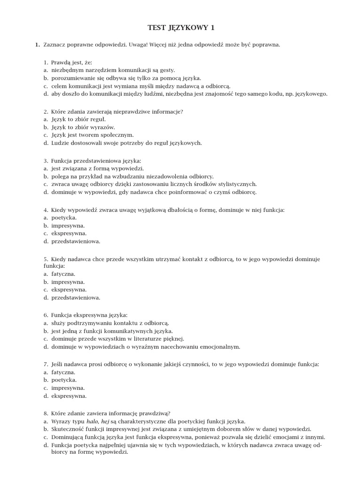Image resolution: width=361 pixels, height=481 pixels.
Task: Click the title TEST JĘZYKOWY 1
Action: click(180, 28)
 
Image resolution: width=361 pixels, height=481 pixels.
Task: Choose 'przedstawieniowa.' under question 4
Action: click(76, 241)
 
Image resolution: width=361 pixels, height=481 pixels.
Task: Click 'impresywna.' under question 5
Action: click(68, 282)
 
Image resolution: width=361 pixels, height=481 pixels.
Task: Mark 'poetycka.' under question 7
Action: click(64, 380)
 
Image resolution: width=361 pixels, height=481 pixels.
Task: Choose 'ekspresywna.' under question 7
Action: click(69, 396)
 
